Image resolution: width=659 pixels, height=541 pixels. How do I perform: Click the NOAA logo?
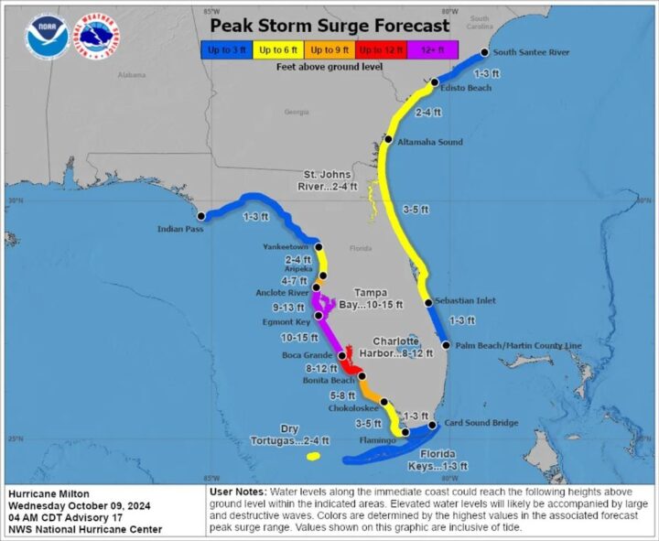pos(44,36)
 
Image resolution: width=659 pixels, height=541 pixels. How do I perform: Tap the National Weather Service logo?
pos(97,36)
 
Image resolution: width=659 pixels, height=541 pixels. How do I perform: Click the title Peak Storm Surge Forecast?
pos(329,26)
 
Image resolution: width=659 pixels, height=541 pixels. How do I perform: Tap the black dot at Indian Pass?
pos(200,216)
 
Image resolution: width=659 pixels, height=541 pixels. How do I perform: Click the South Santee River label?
pos(532,52)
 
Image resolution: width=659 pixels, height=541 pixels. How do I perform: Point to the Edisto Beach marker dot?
pos(435,82)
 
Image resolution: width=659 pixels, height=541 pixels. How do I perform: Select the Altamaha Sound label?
pos(430,142)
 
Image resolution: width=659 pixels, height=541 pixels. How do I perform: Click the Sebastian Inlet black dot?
pos(428,303)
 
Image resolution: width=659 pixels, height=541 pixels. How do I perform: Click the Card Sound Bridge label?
pos(481,423)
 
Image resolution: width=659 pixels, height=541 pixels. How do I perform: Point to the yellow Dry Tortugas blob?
pos(313,456)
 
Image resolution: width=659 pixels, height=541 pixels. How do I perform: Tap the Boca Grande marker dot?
pos(341,356)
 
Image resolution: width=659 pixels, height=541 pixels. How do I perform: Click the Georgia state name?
pos(297,112)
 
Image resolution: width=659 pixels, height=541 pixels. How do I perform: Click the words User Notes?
pos(240,492)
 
